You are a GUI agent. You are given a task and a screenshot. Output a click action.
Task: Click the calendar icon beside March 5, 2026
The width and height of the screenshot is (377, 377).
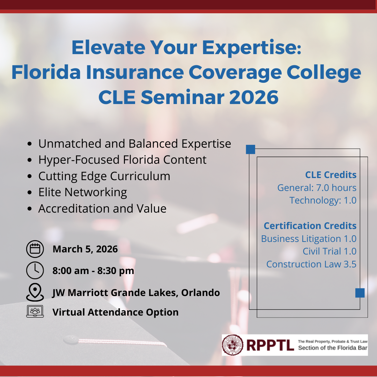click(35, 249)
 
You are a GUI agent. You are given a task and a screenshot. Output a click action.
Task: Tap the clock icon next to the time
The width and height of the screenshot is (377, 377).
click(35, 271)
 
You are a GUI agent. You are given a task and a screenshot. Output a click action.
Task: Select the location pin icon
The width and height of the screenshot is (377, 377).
click(35, 292)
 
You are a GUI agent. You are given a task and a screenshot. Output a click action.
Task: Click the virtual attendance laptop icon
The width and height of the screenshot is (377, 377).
click(35, 311)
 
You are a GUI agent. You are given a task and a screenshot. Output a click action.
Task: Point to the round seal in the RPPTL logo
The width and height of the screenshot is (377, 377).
click(233, 345)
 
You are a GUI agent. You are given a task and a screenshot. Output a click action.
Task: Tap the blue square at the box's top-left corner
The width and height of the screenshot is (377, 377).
click(251, 149)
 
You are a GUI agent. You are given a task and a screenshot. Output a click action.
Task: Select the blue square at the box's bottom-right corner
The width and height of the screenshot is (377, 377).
click(360, 293)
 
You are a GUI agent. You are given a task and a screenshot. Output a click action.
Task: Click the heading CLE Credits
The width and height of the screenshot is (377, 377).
click(331, 175)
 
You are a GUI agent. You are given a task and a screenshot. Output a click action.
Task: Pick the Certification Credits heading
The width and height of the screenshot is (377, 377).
click(310, 226)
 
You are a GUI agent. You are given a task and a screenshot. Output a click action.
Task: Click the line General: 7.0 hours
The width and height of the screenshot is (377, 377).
click(317, 188)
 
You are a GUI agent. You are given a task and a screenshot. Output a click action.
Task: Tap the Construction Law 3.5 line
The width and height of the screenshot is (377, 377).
click(311, 264)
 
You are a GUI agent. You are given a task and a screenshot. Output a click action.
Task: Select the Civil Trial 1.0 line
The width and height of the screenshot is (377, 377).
click(329, 251)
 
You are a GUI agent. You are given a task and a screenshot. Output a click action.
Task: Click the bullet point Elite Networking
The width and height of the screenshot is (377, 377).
click(82, 192)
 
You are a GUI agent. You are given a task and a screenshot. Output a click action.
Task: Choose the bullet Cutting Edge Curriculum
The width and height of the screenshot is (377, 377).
click(104, 176)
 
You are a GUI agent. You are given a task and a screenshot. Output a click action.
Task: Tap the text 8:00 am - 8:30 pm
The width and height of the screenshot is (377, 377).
click(93, 271)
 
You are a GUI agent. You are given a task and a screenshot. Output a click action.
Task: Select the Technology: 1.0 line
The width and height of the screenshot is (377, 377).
click(323, 200)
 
